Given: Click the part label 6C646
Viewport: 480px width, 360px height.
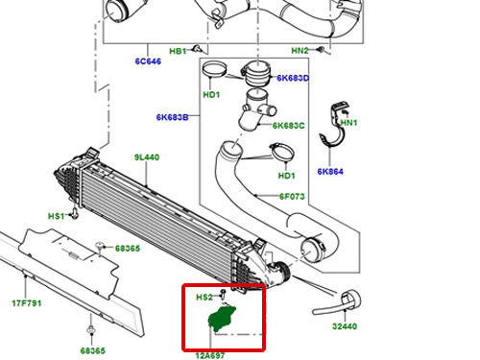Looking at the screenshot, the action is [148, 61].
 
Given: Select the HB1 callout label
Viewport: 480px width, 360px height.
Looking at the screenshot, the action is [178, 51].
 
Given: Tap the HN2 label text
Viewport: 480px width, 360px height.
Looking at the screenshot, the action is [300, 51].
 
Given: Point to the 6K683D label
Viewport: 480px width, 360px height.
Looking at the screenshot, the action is [293, 78].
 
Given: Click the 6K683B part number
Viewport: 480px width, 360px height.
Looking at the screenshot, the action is [172, 117].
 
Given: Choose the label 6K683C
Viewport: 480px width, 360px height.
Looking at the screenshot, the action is [288, 126].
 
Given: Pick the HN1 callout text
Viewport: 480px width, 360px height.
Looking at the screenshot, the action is [348, 123].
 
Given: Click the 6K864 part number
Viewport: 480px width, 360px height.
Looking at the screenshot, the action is [330, 172].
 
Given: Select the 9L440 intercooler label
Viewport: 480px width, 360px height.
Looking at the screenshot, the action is [147, 157].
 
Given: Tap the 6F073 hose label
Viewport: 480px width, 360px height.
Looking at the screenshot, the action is [292, 196].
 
